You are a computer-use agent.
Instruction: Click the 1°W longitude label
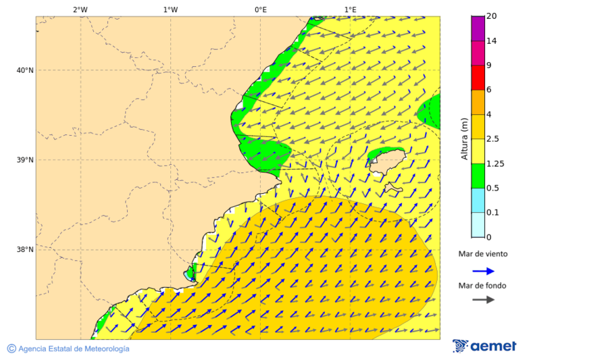coord(170,9)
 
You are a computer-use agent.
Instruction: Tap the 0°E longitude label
coord(260,9)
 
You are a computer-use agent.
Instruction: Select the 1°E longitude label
coord(350,9)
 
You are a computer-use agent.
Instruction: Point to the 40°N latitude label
coord(25,70)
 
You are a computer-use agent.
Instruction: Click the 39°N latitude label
coord(25,160)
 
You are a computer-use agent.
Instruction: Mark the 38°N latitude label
coord(25,249)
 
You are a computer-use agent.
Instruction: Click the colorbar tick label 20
coord(492,16)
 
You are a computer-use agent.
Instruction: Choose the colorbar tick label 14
coord(492,41)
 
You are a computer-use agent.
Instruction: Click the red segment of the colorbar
coord(478,78)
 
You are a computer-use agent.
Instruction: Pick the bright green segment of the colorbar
coord(478,176)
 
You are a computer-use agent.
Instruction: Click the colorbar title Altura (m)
coord(464,138)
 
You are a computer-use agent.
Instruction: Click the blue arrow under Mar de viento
coord(483,271)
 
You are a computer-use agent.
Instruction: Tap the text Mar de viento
coord(482,255)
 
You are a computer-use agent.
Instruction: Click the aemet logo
coord(484,346)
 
